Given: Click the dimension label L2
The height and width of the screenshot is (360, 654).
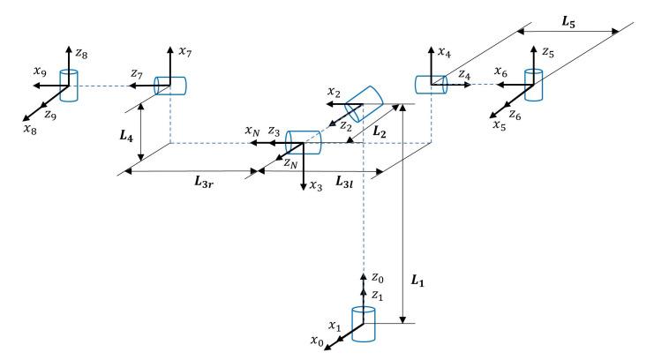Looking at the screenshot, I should (x=380, y=131).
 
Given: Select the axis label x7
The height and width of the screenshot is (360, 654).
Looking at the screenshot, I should (x=184, y=52).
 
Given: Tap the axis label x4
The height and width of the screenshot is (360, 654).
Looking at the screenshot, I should (x=445, y=52).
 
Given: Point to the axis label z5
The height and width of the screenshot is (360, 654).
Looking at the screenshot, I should (x=547, y=53).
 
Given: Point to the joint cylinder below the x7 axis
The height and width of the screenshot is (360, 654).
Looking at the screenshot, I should (x=171, y=86).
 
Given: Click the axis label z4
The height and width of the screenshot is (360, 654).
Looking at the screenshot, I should (x=464, y=76).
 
